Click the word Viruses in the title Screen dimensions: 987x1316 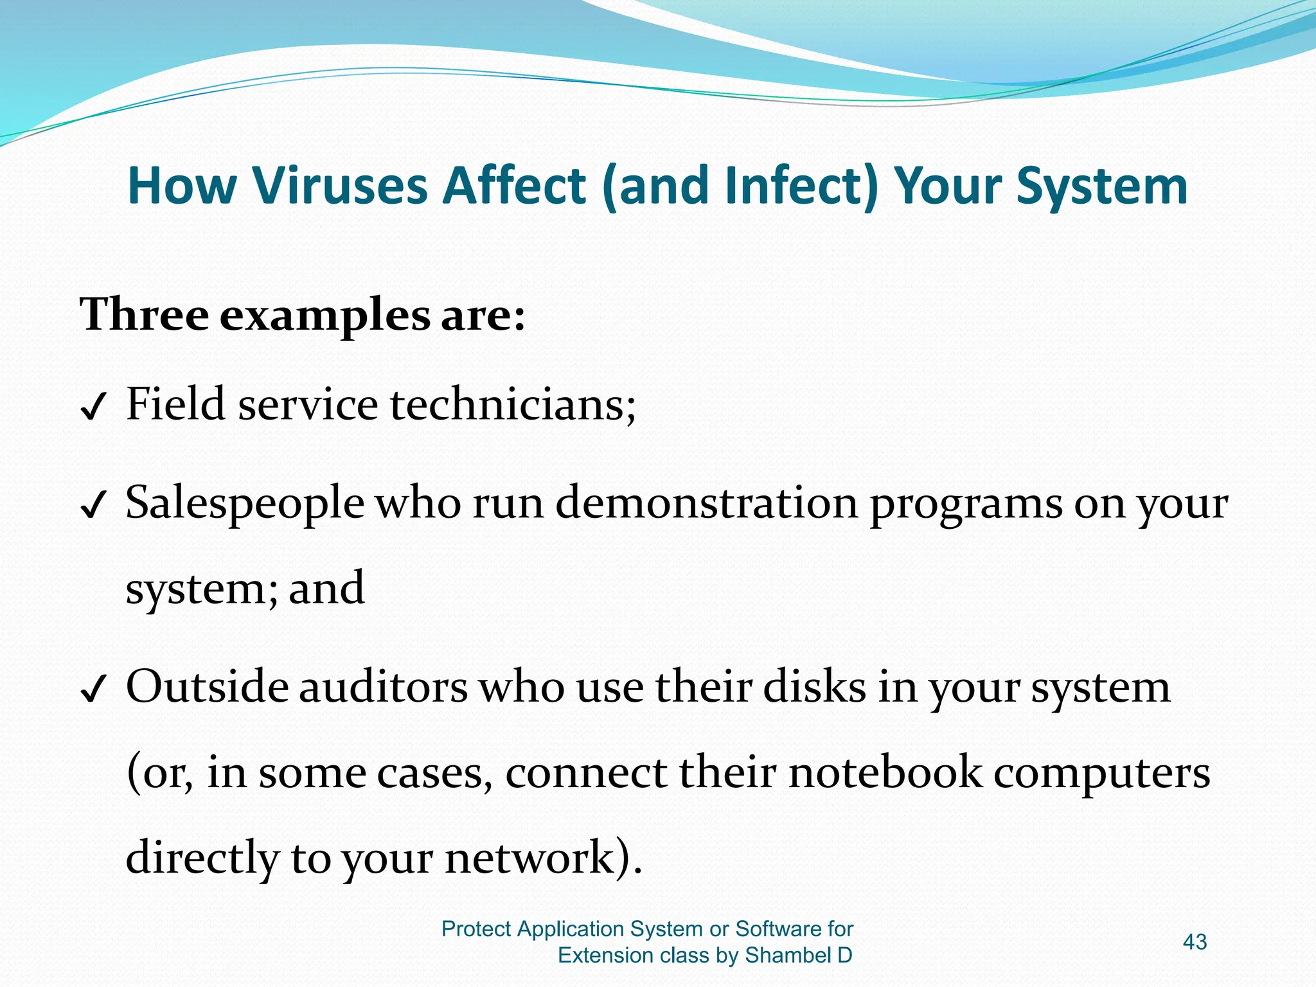[340, 186]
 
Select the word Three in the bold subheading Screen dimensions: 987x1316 [144, 316]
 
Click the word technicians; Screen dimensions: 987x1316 [513, 405]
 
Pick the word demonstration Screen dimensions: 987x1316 [706, 502]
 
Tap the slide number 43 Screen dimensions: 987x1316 [1195, 942]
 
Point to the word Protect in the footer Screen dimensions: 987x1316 [476, 929]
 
